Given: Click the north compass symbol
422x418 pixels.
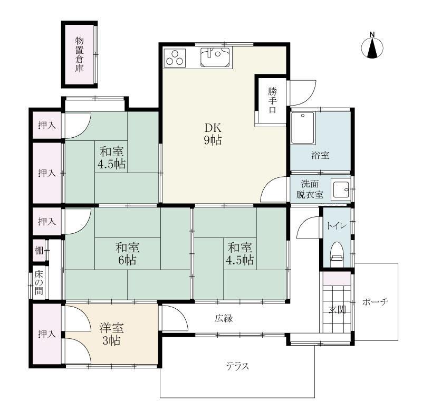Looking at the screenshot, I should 372,47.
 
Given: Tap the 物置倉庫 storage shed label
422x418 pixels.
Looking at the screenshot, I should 79,54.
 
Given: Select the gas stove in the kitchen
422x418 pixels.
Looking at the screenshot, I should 176,57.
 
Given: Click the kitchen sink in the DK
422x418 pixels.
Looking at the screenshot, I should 215,56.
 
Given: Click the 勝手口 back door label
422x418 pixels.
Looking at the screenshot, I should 272,100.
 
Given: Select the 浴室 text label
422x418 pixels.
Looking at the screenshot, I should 320,155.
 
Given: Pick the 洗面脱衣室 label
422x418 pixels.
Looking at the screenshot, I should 310,189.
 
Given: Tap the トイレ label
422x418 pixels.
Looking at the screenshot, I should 336,226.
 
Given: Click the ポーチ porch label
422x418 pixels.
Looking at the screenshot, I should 375,302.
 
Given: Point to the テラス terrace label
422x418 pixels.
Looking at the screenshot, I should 237,366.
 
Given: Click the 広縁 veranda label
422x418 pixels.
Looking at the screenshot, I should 224,318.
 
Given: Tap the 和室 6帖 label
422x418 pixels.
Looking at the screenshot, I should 127,253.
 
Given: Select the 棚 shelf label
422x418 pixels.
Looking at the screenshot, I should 39,251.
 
